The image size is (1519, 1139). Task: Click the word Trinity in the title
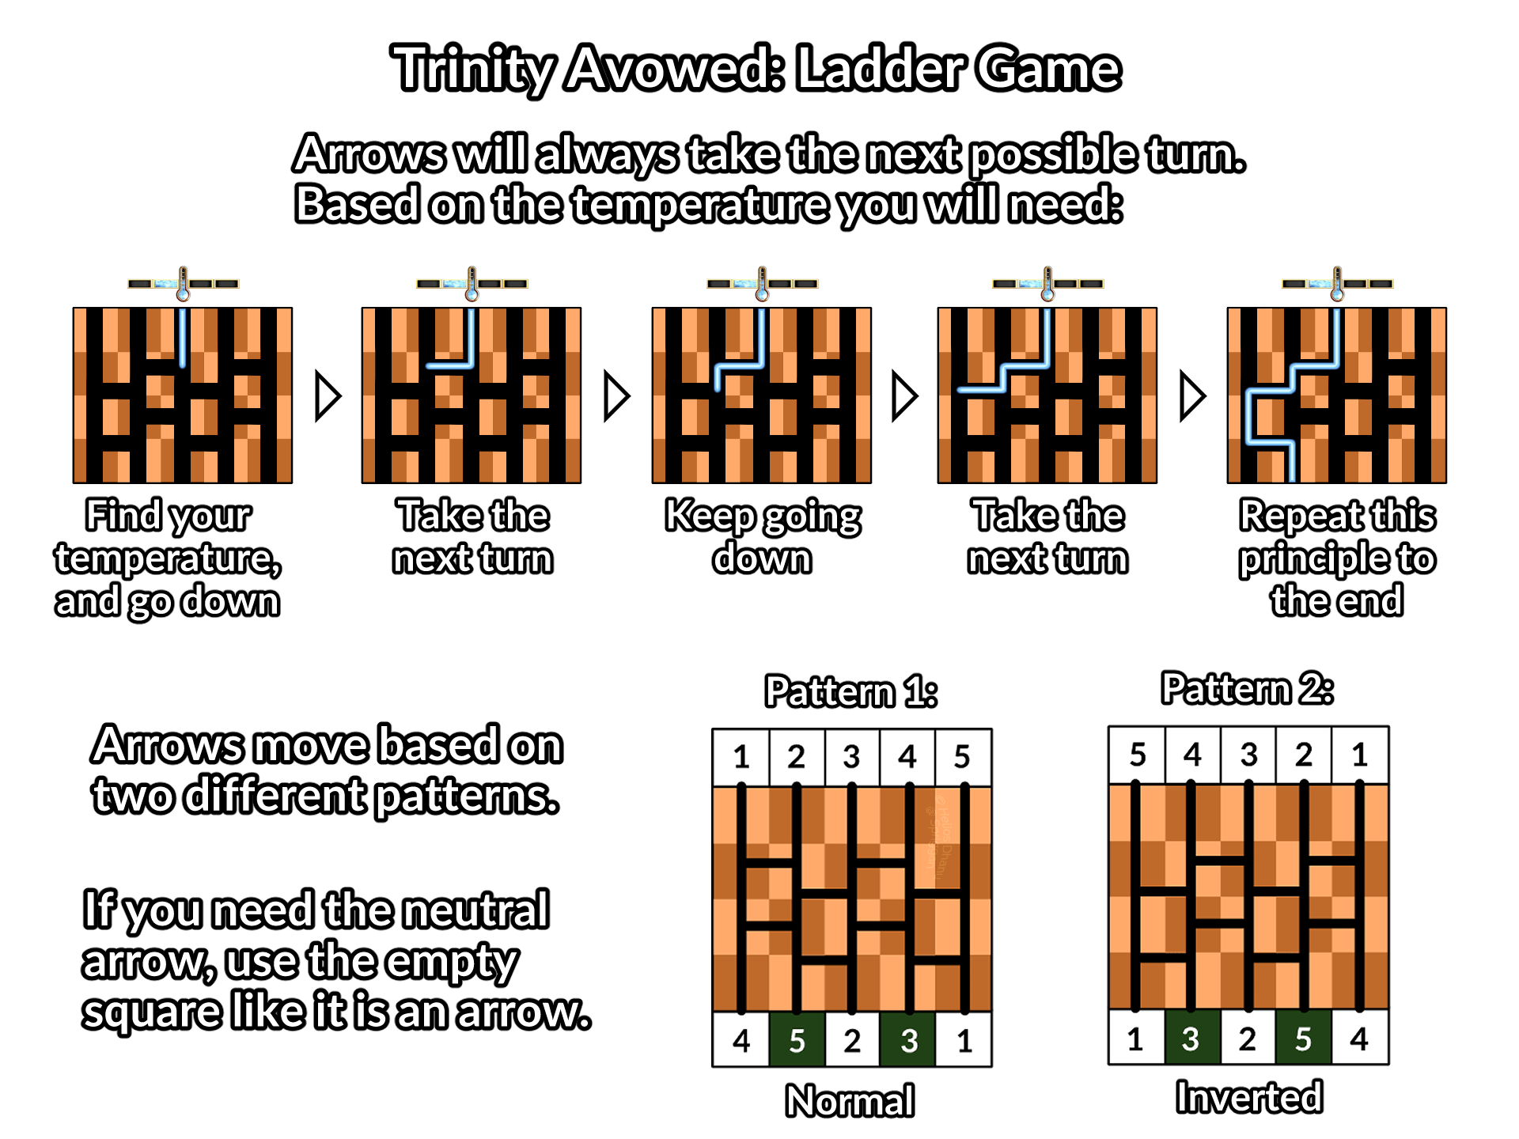coord(473,69)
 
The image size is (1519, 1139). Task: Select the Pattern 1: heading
coord(850,692)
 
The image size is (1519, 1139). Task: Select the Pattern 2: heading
coord(1247,689)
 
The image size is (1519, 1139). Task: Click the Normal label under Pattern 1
coord(850,1101)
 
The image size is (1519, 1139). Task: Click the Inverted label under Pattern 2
coord(1248,1098)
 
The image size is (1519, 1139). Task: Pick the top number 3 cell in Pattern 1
coord(851,757)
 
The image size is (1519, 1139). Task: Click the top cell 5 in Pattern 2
coord(1138,755)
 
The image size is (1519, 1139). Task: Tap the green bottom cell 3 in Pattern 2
coord(1191,1039)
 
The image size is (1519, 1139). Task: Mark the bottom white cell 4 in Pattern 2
coord(1359,1039)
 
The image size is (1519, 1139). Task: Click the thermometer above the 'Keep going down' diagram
coord(762,284)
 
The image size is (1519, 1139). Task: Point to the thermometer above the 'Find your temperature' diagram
coord(184,284)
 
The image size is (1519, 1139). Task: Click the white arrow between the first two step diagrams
coord(327,396)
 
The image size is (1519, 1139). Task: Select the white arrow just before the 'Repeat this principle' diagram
coord(1191,396)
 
